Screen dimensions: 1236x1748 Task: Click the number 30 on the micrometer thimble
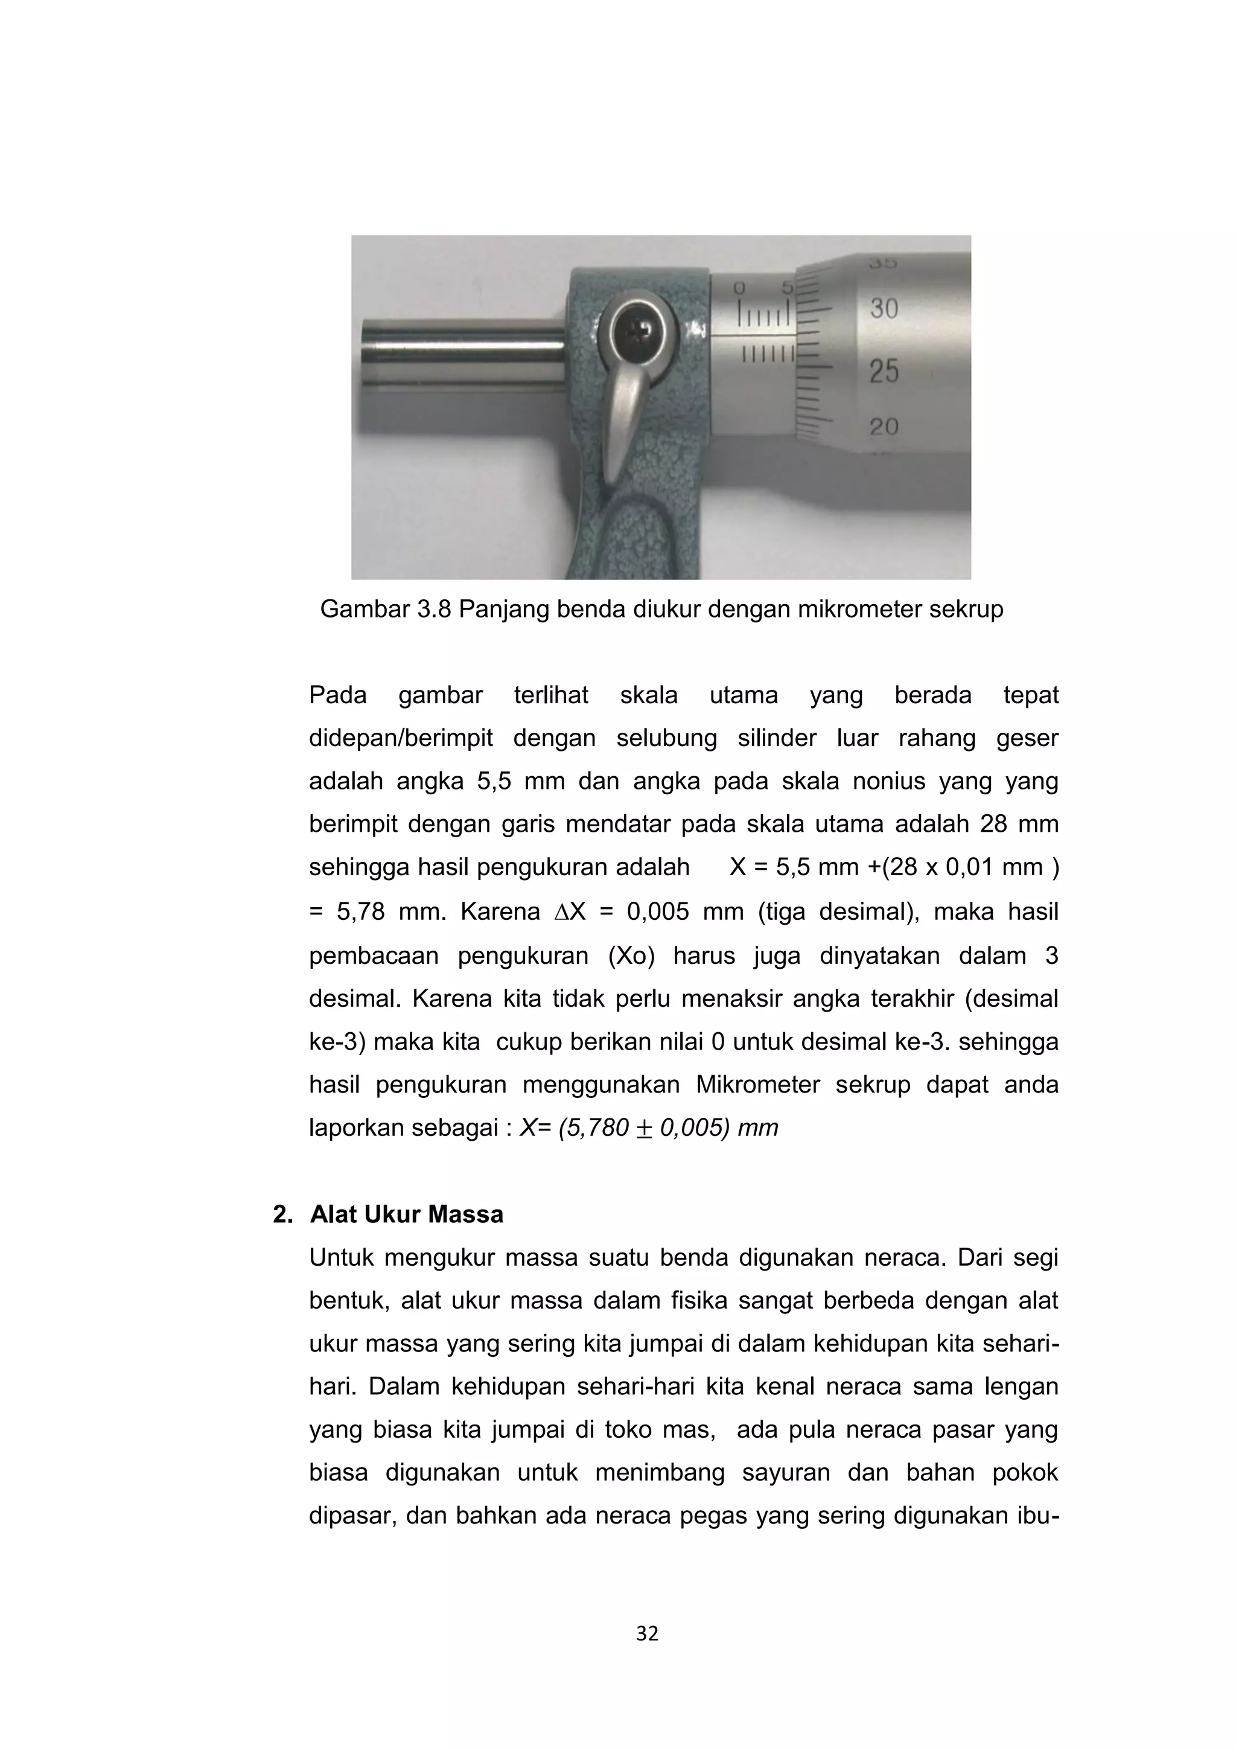tap(884, 308)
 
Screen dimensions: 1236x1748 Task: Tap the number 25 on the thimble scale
tap(884, 372)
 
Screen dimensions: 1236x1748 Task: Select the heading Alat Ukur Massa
tap(406, 1214)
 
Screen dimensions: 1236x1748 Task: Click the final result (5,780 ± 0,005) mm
tap(668, 1128)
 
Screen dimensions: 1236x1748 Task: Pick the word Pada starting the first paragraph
tap(337, 695)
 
